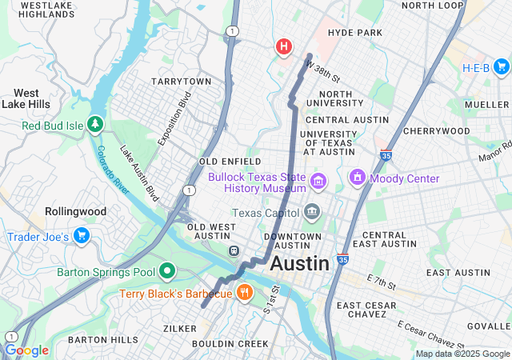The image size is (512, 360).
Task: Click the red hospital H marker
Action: point(283,47)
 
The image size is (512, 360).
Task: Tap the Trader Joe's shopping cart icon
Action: point(81,236)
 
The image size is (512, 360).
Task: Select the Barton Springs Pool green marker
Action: point(167,272)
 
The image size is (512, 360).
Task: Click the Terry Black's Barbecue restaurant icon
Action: point(245,294)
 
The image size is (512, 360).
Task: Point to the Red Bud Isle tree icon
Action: point(95,125)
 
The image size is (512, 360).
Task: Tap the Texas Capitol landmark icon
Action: point(312,213)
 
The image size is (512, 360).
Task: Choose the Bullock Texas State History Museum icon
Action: point(319,182)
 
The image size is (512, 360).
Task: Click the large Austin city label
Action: point(299,263)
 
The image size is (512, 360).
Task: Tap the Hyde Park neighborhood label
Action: point(355,33)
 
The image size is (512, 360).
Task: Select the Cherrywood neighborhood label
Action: point(436,130)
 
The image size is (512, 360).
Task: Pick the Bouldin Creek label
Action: point(230,344)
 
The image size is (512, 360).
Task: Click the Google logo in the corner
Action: point(26,350)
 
